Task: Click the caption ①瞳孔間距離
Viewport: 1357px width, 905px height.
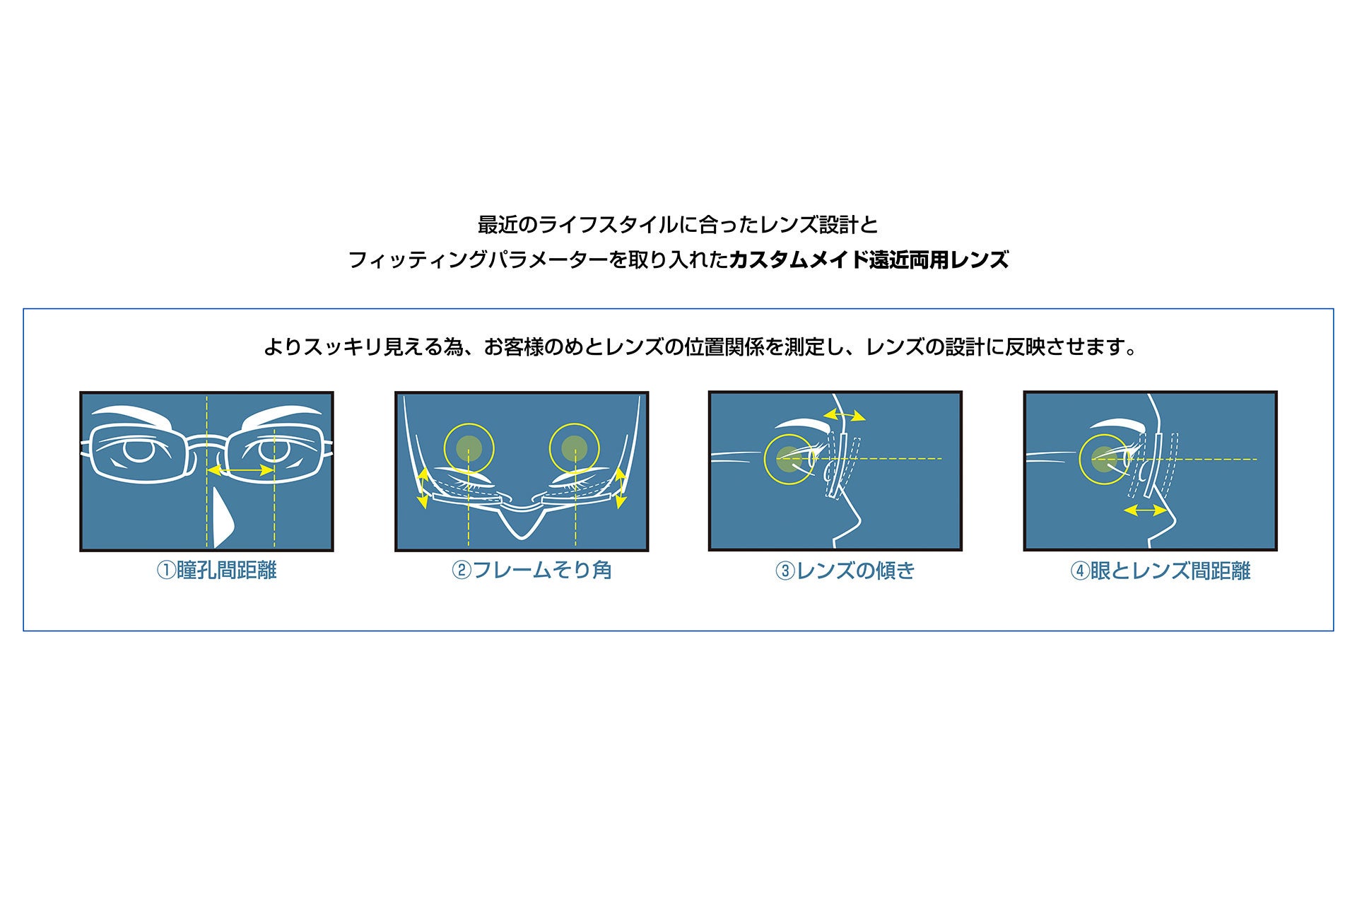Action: click(216, 571)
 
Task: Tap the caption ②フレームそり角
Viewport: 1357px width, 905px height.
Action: click(531, 571)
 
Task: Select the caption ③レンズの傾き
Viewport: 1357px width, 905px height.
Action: click(845, 571)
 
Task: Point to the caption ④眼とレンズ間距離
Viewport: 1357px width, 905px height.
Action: click(1161, 571)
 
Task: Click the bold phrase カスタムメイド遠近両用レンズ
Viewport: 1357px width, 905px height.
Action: click(868, 260)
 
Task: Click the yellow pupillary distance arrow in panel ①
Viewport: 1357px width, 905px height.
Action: click(240, 470)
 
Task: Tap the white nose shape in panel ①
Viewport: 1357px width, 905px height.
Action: click(222, 520)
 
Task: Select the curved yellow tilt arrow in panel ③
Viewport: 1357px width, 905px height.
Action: click(845, 414)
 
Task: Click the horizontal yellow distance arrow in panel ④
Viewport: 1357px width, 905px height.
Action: click(1145, 509)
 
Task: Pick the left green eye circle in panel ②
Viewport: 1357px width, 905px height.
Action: click(469, 448)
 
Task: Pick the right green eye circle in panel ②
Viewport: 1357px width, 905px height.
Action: click(574, 448)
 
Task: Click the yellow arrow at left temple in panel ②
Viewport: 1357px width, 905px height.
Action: click(423, 488)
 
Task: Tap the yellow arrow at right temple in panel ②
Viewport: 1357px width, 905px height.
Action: click(621, 488)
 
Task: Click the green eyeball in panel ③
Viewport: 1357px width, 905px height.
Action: click(787, 457)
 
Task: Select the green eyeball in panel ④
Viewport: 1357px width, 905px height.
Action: click(1103, 458)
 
